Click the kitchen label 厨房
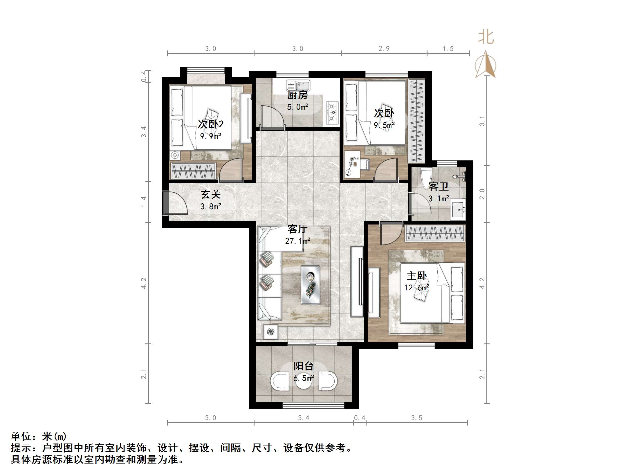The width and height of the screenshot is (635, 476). click(x=297, y=95)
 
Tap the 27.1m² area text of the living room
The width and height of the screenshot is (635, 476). click(x=297, y=241)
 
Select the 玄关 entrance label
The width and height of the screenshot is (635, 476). click(x=211, y=194)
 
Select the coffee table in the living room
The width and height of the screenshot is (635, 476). click(x=310, y=285)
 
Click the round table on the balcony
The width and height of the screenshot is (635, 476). click(x=304, y=382)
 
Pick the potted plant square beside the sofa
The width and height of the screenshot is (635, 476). click(x=270, y=332)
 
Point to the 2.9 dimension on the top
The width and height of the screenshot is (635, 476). click(x=384, y=48)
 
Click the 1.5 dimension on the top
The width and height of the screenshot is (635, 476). click(x=448, y=48)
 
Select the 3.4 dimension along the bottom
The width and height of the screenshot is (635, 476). click(x=304, y=418)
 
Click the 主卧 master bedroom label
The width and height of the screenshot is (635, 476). click(x=416, y=276)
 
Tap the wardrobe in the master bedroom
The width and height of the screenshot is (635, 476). click(x=434, y=234)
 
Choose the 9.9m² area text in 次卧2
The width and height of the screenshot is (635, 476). click(x=211, y=136)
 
